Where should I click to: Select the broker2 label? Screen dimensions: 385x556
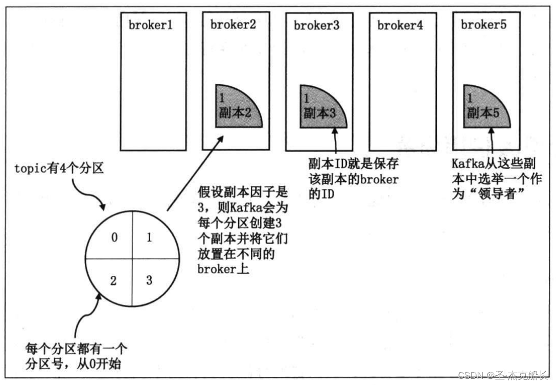[x=233, y=25]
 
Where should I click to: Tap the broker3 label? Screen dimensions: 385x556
[x=316, y=26]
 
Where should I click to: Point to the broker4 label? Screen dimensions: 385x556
[x=400, y=26]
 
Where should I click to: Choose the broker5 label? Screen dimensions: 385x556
[x=483, y=25]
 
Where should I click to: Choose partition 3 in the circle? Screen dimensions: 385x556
[x=149, y=280]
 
